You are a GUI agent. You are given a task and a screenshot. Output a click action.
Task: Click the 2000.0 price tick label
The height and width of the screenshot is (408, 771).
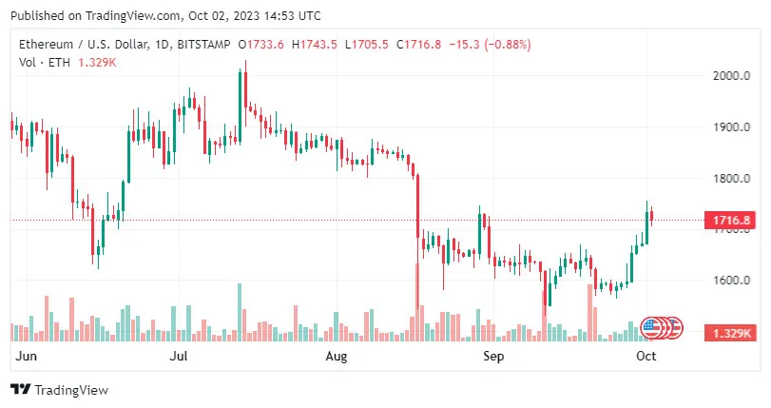pyautogui.click(x=731, y=76)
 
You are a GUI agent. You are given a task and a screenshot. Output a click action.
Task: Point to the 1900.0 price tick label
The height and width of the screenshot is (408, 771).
pyautogui.click(x=731, y=127)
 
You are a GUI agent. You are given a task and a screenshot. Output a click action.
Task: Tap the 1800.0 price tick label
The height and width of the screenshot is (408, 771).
pyautogui.click(x=731, y=179)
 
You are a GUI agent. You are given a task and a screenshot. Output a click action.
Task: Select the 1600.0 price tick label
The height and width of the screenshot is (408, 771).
pyautogui.click(x=731, y=281)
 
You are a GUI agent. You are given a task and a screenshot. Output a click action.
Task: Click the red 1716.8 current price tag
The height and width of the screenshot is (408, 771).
pyautogui.click(x=733, y=221)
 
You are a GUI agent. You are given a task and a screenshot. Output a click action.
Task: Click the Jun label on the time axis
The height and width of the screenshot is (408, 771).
pyautogui.click(x=28, y=356)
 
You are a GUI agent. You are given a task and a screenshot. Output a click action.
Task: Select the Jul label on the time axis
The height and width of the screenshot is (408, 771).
pyautogui.click(x=178, y=356)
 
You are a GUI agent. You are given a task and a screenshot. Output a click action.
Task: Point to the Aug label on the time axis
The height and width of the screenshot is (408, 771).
pyautogui.click(x=337, y=356)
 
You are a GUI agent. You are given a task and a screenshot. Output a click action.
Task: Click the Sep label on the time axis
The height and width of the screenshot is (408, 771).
pyautogui.click(x=492, y=356)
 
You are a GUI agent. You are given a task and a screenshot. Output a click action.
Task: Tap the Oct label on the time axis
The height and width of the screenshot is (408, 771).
pyautogui.click(x=646, y=356)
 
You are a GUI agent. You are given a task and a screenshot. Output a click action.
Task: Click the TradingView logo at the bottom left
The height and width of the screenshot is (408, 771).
pyautogui.click(x=59, y=390)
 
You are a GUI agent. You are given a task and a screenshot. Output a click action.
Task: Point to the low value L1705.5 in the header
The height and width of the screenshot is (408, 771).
pyautogui.click(x=369, y=44)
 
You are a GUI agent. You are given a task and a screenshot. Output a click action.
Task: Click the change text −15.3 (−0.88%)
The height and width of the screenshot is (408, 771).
pyautogui.click(x=492, y=44)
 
